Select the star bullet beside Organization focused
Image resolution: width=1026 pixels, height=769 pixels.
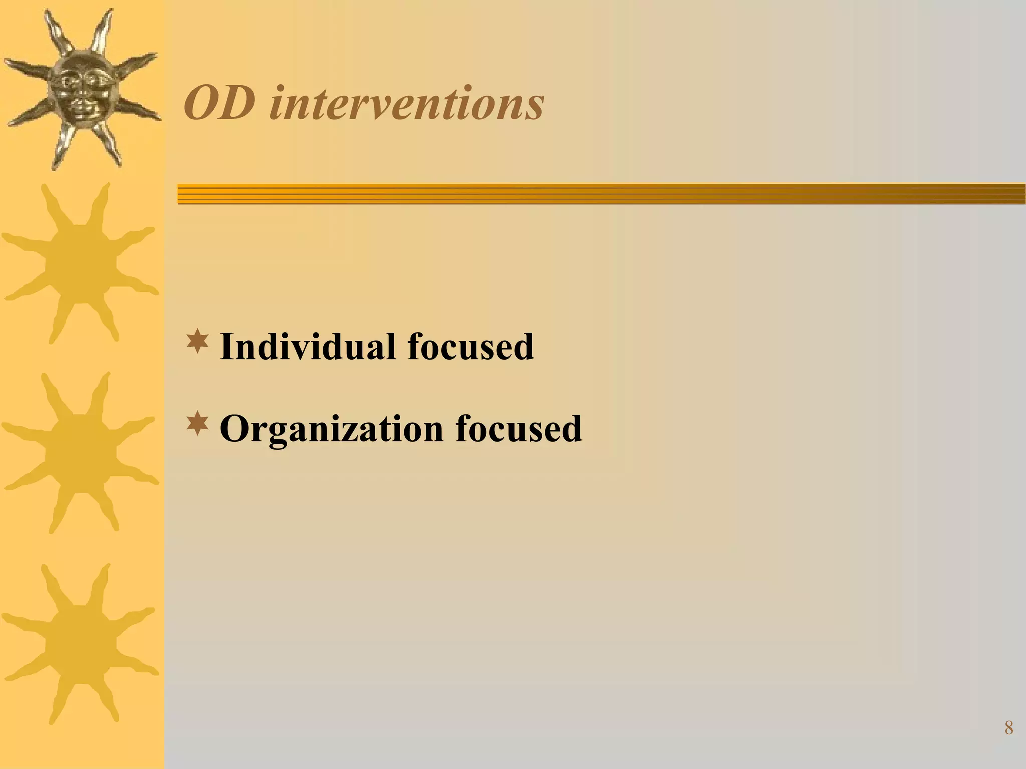click(197, 423)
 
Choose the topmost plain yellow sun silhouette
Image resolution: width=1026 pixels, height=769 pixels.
click(80, 263)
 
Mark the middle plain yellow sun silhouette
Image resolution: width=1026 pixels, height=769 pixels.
click(80, 452)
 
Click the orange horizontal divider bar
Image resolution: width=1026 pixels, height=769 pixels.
click(601, 194)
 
